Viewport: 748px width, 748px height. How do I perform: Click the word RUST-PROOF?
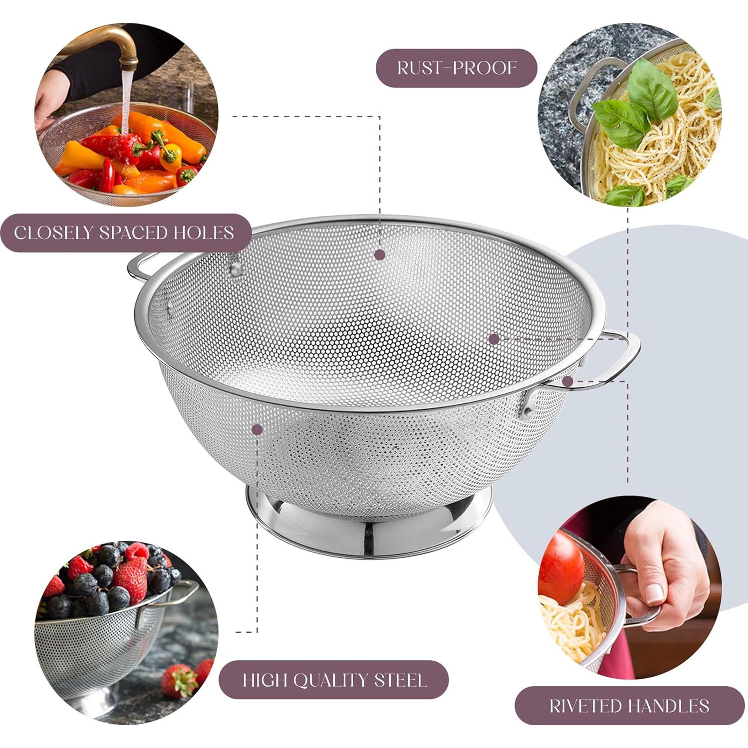[x=456, y=68]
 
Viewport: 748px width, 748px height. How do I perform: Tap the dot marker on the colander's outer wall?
[x=257, y=430]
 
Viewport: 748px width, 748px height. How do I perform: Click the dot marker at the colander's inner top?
[x=380, y=254]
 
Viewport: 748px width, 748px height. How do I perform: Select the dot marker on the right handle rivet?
[x=567, y=382]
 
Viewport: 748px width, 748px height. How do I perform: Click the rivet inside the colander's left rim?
[x=236, y=269]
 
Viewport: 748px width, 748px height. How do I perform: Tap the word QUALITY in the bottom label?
[x=330, y=680]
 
